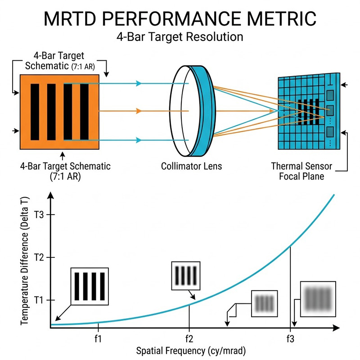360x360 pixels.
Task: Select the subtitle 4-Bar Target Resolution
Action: (x=180, y=36)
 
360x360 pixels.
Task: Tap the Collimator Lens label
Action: (x=192, y=166)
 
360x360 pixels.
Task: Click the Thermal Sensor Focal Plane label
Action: (x=301, y=171)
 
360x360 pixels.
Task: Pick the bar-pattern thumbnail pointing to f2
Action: (x=185, y=275)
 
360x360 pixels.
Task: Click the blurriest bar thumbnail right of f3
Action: (x=318, y=299)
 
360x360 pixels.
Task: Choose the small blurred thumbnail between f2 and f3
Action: (x=264, y=303)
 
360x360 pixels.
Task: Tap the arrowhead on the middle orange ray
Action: (x=139, y=111)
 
